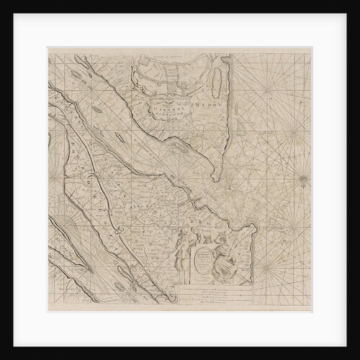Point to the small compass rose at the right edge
coord(304,179)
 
